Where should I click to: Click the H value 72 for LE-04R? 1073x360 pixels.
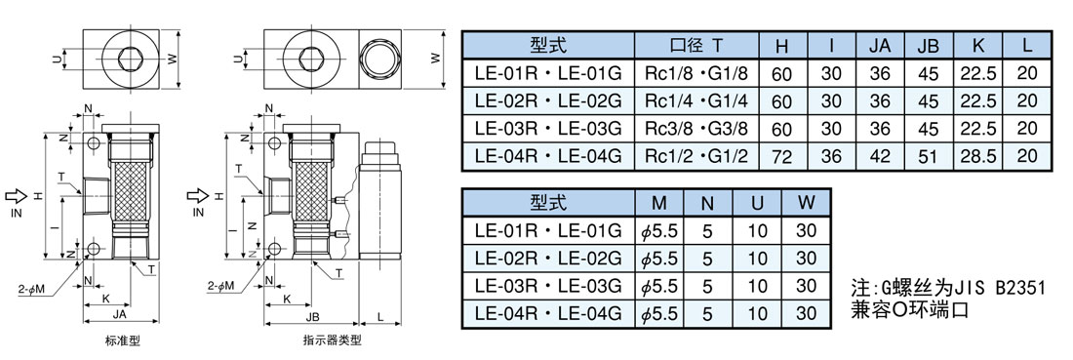[x=781, y=157]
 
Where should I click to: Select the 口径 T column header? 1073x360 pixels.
[x=695, y=46]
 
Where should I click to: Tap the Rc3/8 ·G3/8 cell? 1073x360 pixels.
[x=695, y=128]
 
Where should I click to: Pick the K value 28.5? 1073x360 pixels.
[x=977, y=157]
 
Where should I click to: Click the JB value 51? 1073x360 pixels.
[x=928, y=157]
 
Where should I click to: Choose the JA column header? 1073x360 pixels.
[x=879, y=47]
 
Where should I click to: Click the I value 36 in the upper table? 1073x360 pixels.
[x=831, y=157]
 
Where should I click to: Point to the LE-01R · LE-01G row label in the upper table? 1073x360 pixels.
[x=547, y=72]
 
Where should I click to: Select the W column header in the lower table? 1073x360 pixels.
[x=807, y=203]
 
